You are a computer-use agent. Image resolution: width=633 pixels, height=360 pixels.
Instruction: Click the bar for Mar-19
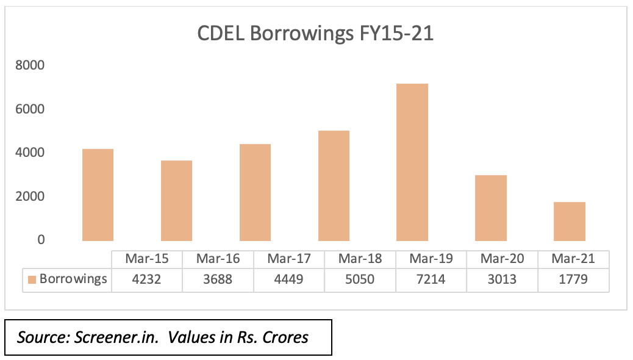[x=412, y=162]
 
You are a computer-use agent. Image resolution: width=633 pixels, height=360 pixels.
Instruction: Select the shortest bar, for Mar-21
[x=570, y=221]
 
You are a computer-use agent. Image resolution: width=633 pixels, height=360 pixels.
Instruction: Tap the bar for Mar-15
[x=98, y=195]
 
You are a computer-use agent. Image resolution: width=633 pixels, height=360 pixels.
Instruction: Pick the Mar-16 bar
[x=176, y=200]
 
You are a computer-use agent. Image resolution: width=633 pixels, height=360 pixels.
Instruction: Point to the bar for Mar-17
[x=255, y=192]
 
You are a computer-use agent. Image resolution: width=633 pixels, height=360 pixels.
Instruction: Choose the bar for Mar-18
[x=334, y=185]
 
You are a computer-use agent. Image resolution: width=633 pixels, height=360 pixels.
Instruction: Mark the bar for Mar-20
[x=491, y=207]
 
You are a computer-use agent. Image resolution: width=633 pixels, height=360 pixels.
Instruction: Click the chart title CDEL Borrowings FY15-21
[x=315, y=34]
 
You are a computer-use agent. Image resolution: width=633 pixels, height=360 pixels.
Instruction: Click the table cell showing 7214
[x=431, y=279]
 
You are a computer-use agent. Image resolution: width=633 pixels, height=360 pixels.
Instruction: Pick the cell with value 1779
[x=573, y=279]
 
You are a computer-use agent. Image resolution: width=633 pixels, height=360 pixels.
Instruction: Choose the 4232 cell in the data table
[x=147, y=279]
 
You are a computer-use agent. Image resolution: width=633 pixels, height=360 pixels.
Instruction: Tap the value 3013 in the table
[x=502, y=279]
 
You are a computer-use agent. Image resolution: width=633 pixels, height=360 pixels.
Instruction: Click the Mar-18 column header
[x=360, y=259]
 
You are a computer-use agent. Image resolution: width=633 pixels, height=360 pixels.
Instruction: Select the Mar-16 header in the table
[x=218, y=259]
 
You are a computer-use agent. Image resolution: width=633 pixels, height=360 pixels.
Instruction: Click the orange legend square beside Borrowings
[x=32, y=279]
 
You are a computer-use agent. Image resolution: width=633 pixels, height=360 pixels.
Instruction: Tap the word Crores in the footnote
[x=285, y=337]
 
